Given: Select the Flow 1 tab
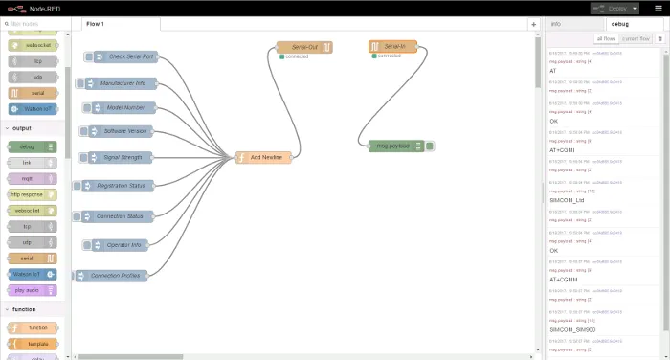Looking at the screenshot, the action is (x=96, y=23).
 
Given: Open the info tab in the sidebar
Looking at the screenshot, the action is (x=556, y=23).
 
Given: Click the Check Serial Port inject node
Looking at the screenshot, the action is (x=131, y=57).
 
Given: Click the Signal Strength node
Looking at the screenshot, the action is (x=125, y=157).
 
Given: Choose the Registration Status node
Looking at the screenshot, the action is (x=121, y=186).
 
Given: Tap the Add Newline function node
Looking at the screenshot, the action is (x=263, y=157).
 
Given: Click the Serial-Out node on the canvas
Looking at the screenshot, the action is (x=304, y=46).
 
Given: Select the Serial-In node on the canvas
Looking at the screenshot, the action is (x=392, y=46).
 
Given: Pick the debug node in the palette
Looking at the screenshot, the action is (x=30, y=146).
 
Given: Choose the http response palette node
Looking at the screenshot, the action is (x=30, y=194).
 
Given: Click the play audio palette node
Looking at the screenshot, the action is (x=30, y=289).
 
